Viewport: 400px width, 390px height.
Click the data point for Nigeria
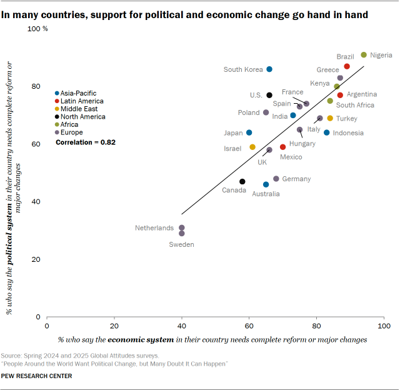(364, 55)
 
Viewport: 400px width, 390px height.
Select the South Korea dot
(269, 69)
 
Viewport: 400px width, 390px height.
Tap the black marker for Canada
(242, 182)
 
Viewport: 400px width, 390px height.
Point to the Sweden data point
(182, 234)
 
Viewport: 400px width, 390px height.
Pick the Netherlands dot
(182, 228)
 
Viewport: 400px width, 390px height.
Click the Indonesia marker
(327, 132)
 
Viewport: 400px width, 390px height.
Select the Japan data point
(249, 132)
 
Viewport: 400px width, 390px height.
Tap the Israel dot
(252, 147)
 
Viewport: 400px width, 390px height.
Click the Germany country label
(296, 179)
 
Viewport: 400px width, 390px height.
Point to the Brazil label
(345, 56)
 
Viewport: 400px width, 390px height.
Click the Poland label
(248, 112)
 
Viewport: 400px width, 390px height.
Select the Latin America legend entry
(82, 101)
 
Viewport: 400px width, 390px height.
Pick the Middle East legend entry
(79, 109)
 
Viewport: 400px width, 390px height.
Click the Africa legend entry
(71, 124)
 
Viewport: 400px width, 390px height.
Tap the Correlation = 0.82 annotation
(86, 142)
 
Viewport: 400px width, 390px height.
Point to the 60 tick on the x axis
(249, 326)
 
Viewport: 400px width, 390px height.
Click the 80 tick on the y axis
(36, 87)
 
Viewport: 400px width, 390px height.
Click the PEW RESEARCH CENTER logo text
(36, 376)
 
